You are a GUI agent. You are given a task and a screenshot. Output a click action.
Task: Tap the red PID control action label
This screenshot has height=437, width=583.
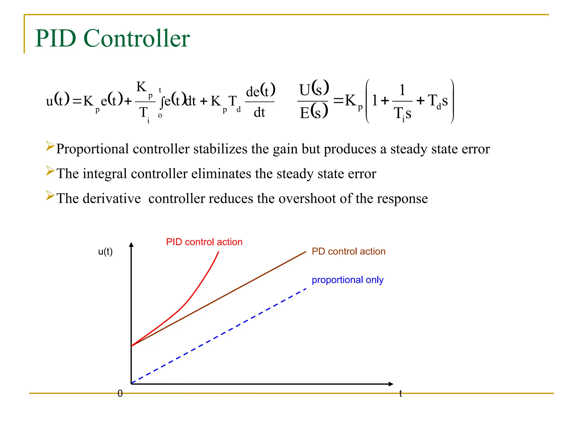[x=204, y=242]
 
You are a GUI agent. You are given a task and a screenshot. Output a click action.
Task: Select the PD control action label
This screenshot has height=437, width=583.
[x=348, y=252]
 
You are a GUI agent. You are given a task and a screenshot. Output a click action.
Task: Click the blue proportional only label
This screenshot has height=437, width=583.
[x=347, y=280]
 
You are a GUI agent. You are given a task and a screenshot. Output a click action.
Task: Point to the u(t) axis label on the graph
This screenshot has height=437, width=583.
[x=105, y=252]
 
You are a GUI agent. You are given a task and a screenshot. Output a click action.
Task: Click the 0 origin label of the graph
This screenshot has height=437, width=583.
[x=120, y=393]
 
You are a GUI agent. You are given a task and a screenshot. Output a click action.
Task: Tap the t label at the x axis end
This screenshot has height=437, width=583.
[x=401, y=393]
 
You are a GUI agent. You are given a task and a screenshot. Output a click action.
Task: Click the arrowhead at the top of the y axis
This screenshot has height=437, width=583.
[x=131, y=245]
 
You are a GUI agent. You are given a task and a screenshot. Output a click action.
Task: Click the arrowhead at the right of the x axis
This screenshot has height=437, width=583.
[x=391, y=384]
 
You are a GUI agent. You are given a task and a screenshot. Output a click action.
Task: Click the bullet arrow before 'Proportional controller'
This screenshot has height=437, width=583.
[x=50, y=146]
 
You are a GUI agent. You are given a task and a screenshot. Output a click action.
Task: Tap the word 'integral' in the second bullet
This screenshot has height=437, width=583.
[x=105, y=174]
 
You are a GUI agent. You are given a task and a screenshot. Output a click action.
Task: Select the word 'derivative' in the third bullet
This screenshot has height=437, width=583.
[x=112, y=198]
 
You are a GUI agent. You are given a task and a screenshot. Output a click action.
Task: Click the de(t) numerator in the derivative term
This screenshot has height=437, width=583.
[x=260, y=91]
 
